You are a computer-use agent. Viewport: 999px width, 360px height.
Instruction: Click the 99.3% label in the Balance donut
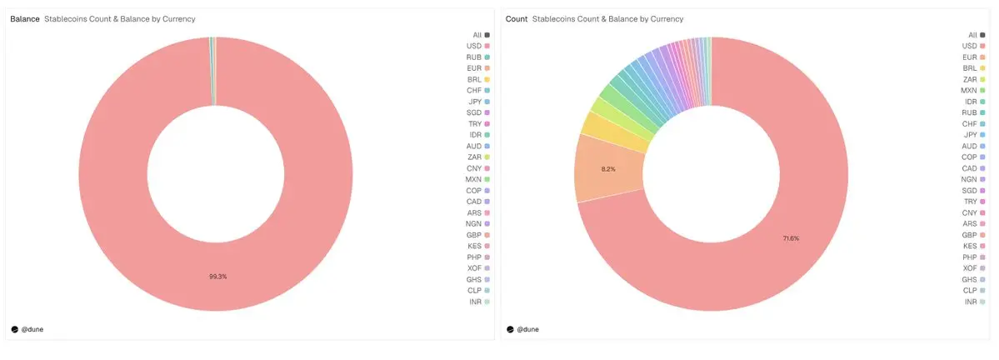pyautogui.click(x=217, y=276)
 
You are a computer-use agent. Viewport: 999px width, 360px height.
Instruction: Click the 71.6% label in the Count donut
pyautogui.click(x=791, y=238)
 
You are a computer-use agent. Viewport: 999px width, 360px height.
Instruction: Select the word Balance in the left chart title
pyautogui.click(x=25, y=18)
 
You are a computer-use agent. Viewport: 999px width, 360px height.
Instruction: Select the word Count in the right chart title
pyautogui.click(x=517, y=18)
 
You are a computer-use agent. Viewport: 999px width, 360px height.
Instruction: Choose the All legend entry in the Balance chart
pyautogui.click(x=480, y=34)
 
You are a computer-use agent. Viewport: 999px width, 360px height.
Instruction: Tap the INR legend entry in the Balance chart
pyautogui.click(x=478, y=302)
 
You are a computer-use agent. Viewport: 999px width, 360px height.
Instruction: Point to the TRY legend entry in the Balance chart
pyautogui.click(x=478, y=123)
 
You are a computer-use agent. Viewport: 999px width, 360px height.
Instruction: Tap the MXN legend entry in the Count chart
pyautogui.click(x=972, y=90)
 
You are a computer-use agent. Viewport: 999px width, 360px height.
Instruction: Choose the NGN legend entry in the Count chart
pyautogui.click(x=972, y=179)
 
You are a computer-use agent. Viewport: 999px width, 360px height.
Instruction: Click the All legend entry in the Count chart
pyautogui.click(x=975, y=34)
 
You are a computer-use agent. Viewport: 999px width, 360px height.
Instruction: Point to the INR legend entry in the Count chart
pyautogui.click(x=973, y=302)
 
